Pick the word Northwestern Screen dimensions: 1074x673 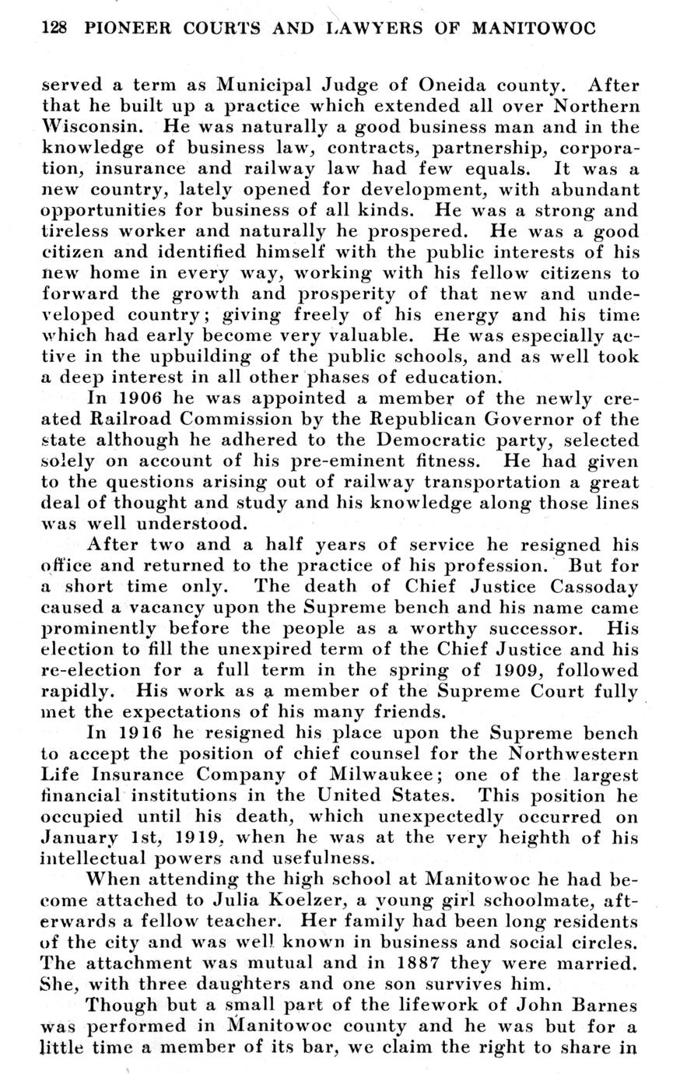click(574, 755)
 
